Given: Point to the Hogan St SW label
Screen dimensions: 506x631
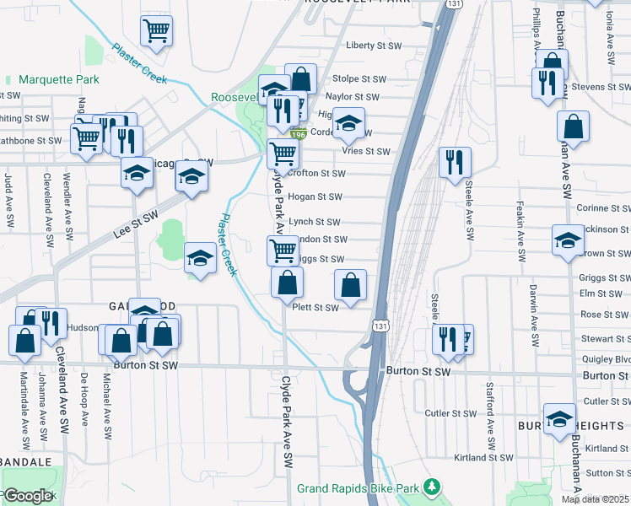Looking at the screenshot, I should (x=315, y=197).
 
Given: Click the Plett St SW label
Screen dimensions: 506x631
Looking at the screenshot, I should (x=315, y=308).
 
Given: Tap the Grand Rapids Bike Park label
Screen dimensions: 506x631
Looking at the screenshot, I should (x=359, y=488).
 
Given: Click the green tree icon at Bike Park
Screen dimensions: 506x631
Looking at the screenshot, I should (x=433, y=487).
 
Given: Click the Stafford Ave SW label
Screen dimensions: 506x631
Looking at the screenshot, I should (x=490, y=417).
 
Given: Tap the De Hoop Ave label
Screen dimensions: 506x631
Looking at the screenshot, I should (x=84, y=397).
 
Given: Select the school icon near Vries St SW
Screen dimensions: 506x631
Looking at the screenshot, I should (x=348, y=123).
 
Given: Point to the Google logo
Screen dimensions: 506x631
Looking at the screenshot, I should (x=28, y=496).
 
